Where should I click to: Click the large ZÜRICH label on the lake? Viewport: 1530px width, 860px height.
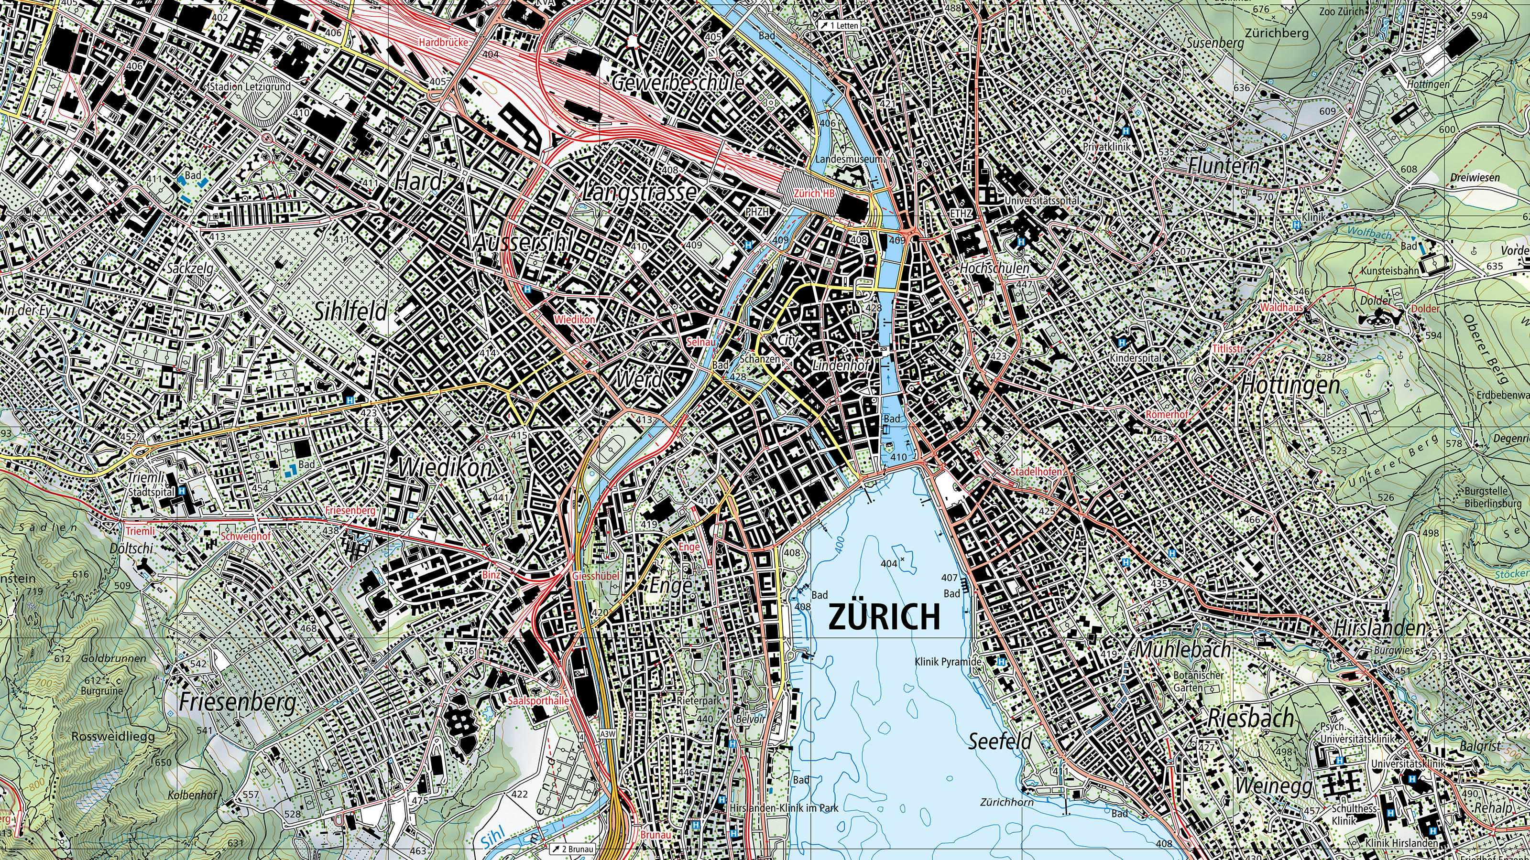point(884,617)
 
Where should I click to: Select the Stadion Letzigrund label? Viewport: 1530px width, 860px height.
point(250,86)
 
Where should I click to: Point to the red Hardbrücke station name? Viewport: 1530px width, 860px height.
point(443,43)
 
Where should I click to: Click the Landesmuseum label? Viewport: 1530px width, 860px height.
point(849,159)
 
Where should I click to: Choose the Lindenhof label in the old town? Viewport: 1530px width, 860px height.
point(841,365)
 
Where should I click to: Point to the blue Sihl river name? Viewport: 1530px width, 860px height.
point(492,838)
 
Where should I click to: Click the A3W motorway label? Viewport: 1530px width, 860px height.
point(608,734)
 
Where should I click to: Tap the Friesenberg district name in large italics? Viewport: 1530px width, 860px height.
point(237,703)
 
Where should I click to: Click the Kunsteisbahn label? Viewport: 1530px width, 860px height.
point(1389,270)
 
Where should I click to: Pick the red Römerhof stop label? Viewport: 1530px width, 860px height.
point(1167,414)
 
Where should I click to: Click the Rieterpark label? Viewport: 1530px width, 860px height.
point(699,701)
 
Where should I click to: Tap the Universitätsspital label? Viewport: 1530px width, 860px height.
point(1042,201)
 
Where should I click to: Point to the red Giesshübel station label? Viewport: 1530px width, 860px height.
point(595,576)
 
